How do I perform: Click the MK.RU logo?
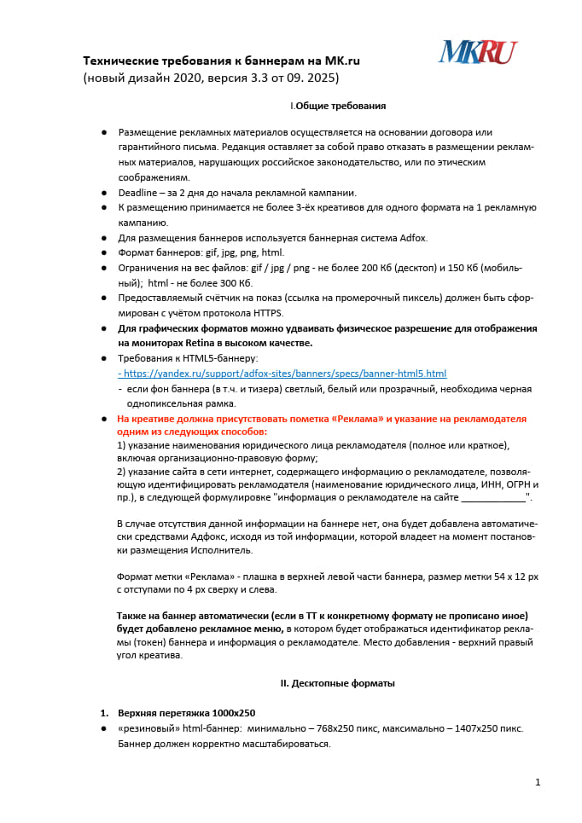pyautogui.click(x=477, y=53)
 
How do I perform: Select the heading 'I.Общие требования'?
pyautogui.click(x=338, y=106)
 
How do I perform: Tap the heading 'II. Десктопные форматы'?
pyautogui.click(x=337, y=683)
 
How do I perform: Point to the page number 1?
pyautogui.click(x=538, y=782)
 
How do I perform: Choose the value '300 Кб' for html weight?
pyautogui.click(x=236, y=283)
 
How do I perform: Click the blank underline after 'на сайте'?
pyautogui.click(x=493, y=496)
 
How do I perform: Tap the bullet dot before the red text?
pyautogui.click(x=104, y=419)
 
